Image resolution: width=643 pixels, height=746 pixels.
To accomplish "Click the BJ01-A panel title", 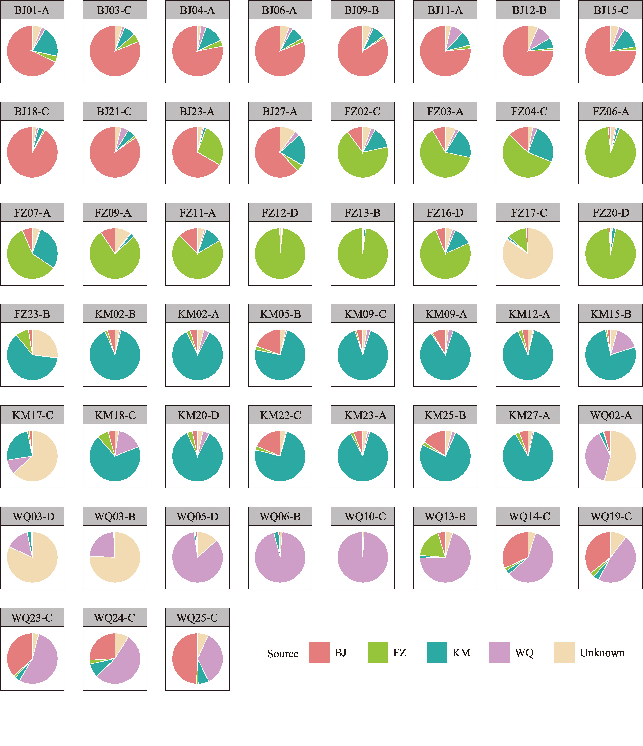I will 32,10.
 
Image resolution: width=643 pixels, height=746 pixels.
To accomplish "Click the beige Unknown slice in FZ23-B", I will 45,344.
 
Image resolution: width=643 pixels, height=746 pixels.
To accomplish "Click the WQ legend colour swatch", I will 499,652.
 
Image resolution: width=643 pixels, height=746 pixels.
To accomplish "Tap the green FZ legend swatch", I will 377,652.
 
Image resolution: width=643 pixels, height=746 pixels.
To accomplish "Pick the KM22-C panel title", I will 280,415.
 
